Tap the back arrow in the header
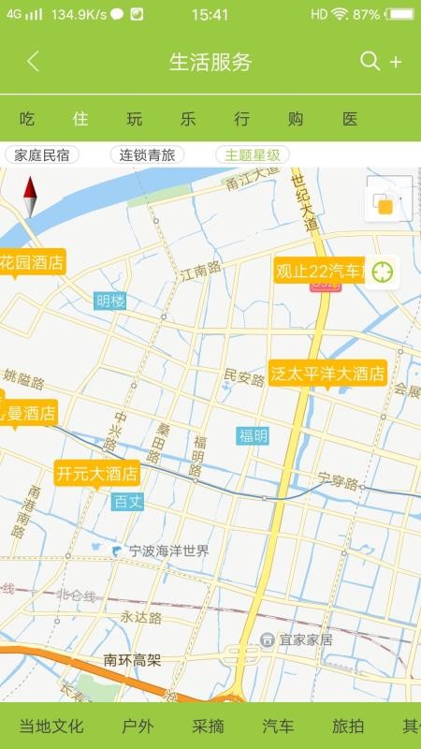click(33, 62)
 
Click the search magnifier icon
click(370, 61)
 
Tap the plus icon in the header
click(396, 62)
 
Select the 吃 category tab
click(27, 119)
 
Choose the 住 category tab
click(80, 119)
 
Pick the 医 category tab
click(350, 119)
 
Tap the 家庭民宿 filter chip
click(41, 155)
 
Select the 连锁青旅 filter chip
click(147, 155)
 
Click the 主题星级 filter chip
click(253, 155)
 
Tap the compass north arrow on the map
click(30, 196)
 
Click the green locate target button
click(382, 272)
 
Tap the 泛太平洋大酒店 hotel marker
click(327, 374)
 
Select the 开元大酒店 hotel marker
click(97, 473)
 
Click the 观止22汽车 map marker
click(318, 271)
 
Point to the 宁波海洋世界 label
click(168, 551)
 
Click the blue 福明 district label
click(253, 435)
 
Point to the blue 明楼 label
click(110, 301)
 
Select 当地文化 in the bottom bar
click(51, 726)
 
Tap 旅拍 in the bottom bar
click(348, 726)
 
